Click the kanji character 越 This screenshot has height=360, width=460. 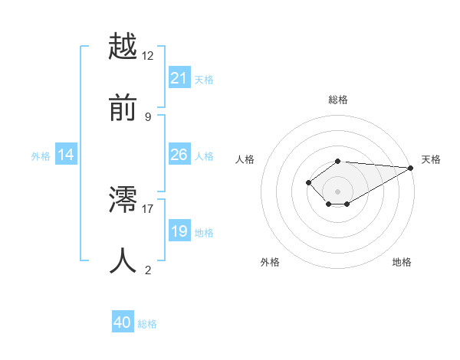(123, 47)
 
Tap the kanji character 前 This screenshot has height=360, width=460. (123, 107)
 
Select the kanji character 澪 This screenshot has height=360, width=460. (123, 201)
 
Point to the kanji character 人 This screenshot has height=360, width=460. (123, 261)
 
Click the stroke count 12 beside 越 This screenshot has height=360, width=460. (148, 56)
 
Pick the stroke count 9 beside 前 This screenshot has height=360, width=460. (148, 116)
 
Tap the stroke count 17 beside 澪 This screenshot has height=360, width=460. (148, 208)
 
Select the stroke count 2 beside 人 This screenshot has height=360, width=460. (148, 270)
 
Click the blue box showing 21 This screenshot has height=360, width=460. (179, 78)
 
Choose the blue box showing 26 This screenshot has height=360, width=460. (179, 155)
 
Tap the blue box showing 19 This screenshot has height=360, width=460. (179, 231)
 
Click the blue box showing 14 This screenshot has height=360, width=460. (66, 155)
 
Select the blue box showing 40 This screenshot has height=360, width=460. (123, 323)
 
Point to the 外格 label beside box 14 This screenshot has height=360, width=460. (41, 156)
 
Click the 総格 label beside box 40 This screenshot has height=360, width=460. (147, 324)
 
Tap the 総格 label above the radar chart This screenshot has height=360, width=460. (338, 100)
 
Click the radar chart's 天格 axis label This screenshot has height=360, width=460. (431, 159)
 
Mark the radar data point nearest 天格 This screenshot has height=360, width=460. (411, 168)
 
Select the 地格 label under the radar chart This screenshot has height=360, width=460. (402, 262)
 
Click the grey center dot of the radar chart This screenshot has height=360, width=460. (338, 191)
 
